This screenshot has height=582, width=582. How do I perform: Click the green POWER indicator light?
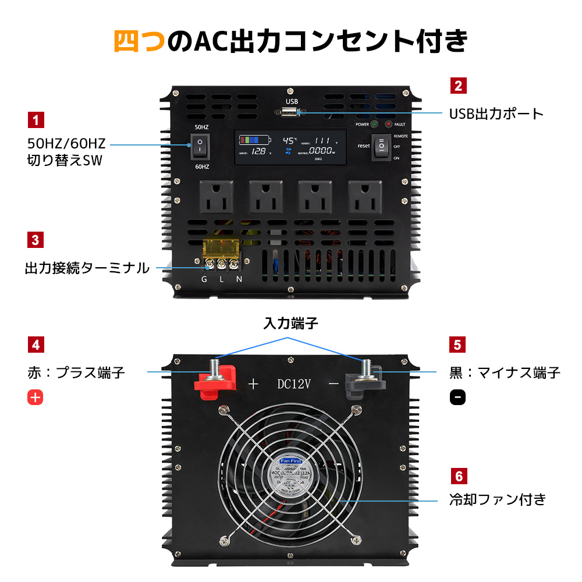[x=374, y=124]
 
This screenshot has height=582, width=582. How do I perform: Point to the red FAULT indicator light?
[x=389, y=124]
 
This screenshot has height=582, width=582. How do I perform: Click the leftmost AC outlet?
[x=216, y=196]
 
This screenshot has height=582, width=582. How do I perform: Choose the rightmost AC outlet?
[x=365, y=196]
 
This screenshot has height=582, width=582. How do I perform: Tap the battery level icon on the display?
[x=254, y=140]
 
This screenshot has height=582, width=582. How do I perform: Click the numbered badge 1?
[x=36, y=120]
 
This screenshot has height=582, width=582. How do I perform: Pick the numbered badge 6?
[x=458, y=477]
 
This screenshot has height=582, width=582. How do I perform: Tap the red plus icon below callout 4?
[x=36, y=398]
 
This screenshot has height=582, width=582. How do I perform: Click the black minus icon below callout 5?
[x=457, y=398]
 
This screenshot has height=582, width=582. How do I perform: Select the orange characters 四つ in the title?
[x=139, y=41]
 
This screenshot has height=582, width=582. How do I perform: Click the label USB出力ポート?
[x=496, y=113]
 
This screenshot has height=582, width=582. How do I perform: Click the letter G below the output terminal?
[x=204, y=279]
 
